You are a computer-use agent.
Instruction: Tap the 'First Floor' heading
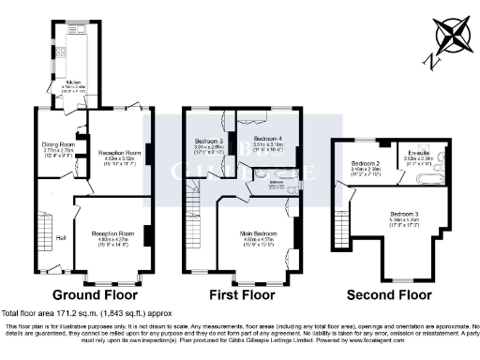pyautogui.click(x=246, y=294)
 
